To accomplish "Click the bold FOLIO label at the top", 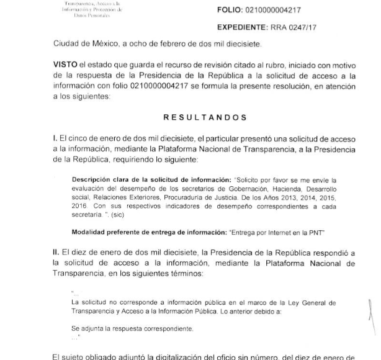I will click(229, 11).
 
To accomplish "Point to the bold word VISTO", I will click(65, 65).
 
